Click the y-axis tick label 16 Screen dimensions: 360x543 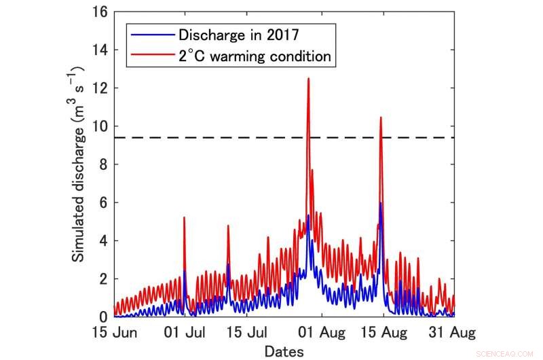tap(100, 12)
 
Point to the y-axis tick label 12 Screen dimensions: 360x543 tap(100, 88)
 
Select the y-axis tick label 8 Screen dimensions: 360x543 tap(103, 164)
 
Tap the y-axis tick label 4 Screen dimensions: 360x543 tap(103, 240)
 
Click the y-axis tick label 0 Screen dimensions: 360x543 tap(103, 317)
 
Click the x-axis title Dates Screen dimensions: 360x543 tap(284, 351)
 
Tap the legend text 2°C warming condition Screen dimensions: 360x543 tap(255, 56)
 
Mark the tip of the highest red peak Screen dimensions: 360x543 tap(308, 78)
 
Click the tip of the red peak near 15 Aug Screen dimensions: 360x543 tap(381, 118)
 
